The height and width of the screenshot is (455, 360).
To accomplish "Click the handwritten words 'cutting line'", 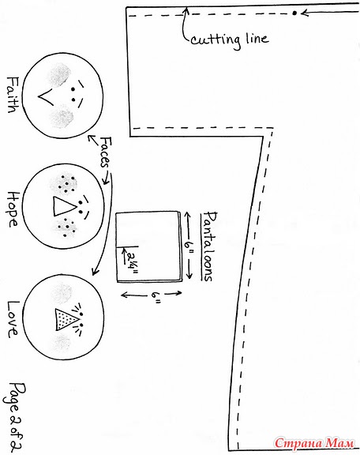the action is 230,39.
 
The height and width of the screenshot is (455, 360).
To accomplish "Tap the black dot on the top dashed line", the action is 294,13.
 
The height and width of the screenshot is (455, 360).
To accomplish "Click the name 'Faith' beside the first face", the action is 13,95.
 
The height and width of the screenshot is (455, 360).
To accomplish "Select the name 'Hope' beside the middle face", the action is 12,209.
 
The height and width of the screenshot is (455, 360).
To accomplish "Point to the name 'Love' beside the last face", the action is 13,319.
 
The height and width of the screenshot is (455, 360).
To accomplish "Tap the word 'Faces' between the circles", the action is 106,152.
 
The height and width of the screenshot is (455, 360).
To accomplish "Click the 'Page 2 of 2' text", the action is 13,418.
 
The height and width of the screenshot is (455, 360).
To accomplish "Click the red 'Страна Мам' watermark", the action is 314,443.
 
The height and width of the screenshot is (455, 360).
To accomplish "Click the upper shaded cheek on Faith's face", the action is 60,75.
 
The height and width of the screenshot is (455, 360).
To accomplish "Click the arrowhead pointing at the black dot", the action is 304,13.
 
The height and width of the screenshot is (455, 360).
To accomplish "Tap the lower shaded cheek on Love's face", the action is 62,342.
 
